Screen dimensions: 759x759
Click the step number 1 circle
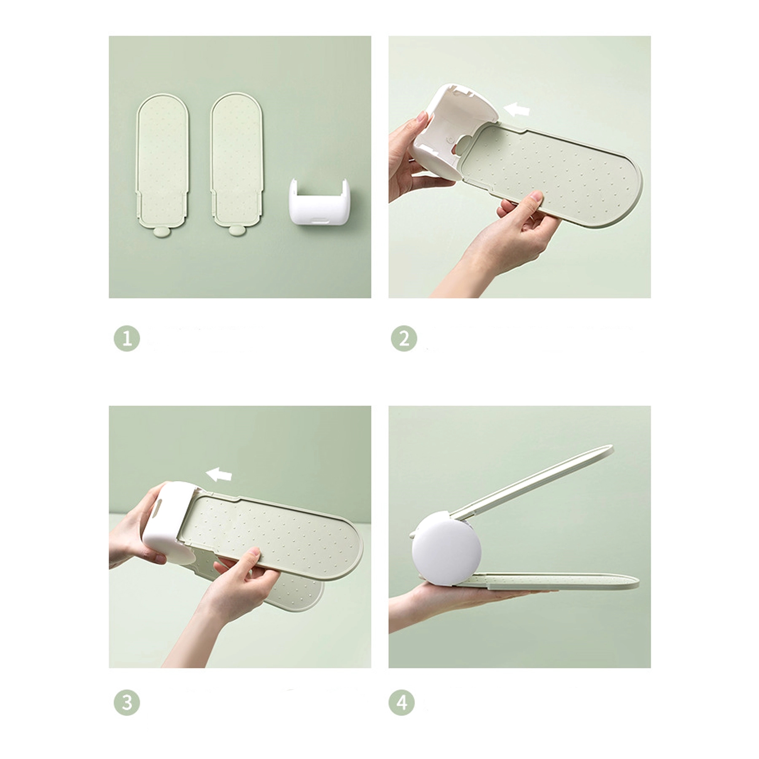click(x=127, y=338)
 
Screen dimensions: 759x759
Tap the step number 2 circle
click(x=404, y=338)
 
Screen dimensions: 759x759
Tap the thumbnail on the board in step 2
click(x=536, y=196)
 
